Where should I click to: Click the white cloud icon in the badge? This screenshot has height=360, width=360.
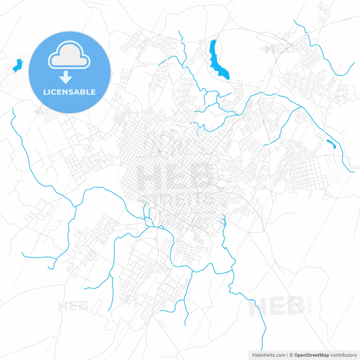tap(69, 55)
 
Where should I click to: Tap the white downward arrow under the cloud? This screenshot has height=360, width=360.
tap(66, 77)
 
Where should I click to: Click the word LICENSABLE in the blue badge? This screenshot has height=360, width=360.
tap(69, 92)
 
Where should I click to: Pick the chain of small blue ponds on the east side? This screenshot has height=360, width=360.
tap(331, 143)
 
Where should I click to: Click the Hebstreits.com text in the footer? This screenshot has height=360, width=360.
tap(269, 355)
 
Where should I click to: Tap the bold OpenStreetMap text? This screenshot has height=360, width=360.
tap(311, 355)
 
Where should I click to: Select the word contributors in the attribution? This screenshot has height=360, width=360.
tap(343, 355)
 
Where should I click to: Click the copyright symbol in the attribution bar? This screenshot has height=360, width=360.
tap(291, 355)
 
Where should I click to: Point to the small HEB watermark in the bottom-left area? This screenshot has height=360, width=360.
tap(73, 306)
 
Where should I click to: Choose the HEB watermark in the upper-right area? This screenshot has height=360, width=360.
tap(280, 48)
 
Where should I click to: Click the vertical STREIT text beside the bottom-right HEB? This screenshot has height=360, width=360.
tap(310, 304)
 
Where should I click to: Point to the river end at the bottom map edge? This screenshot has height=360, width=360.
tap(262, 350)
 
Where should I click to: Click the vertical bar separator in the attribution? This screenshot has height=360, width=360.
tap(287, 355)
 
